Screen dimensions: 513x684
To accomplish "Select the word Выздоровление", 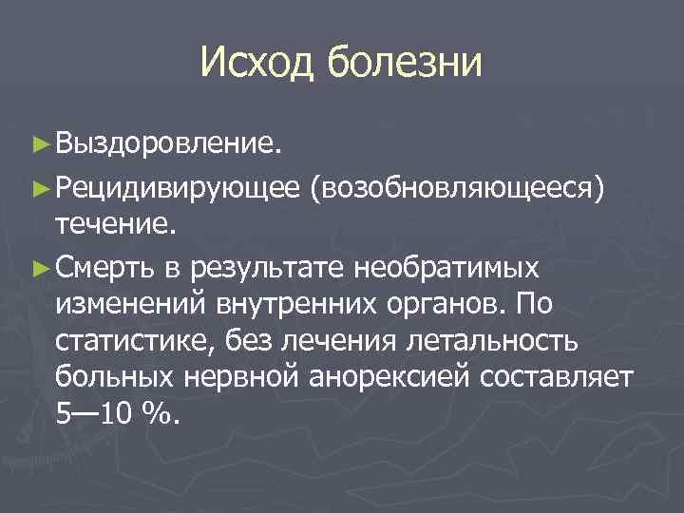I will click(168, 145).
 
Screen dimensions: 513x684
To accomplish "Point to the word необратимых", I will click(446, 267).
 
